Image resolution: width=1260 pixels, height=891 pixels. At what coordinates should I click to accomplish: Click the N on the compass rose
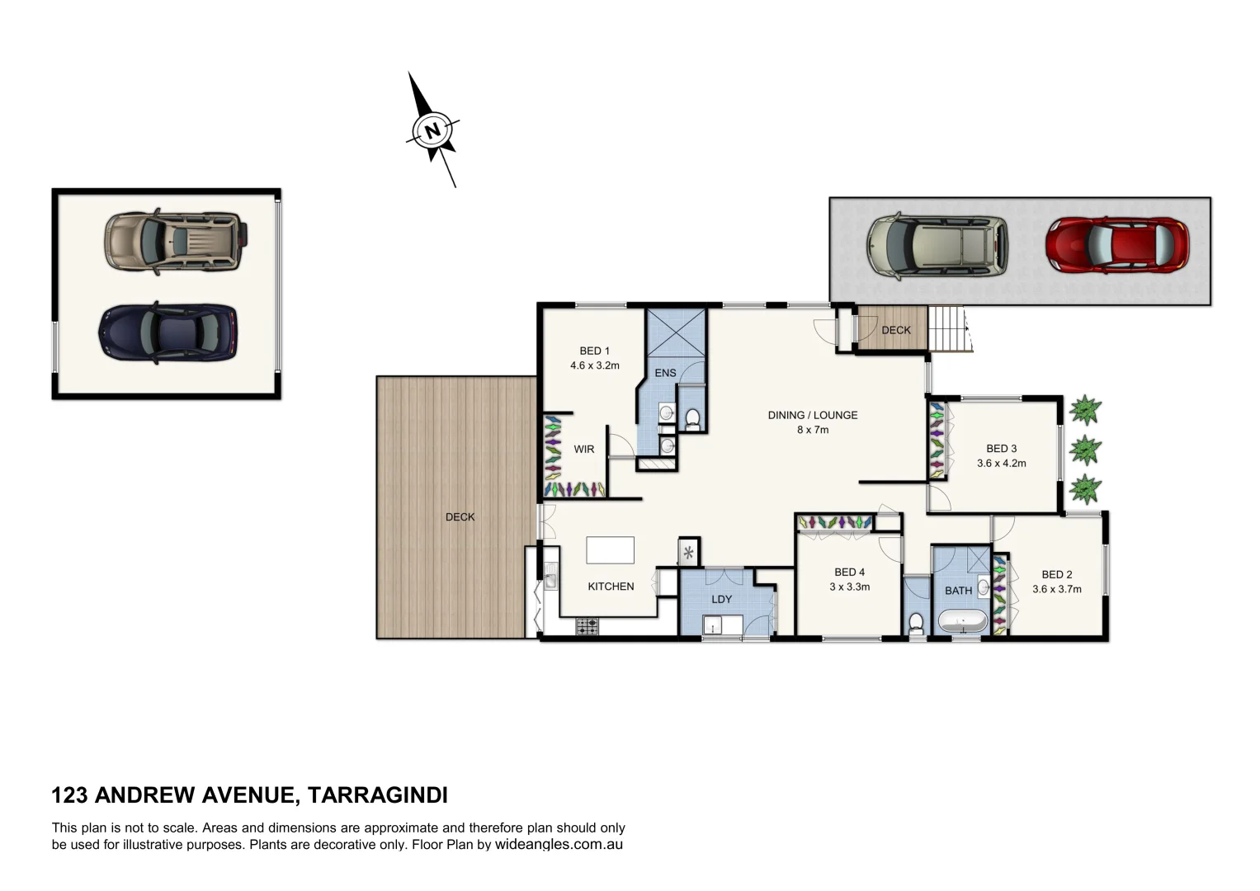coord(432,130)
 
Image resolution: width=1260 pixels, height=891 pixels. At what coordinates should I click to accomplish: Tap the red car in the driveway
coord(1116,245)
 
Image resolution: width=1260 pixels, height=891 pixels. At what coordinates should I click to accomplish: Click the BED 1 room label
coord(594,351)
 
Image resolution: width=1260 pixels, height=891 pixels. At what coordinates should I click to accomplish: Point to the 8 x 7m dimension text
coord(812,430)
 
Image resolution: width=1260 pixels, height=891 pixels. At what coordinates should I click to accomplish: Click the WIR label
coord(583,450)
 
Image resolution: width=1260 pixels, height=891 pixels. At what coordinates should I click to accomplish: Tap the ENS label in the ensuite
coord(665,373)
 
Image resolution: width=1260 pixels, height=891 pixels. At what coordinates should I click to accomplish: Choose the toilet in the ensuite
coord(692,420)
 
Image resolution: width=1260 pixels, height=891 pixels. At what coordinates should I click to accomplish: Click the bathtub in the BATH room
coord(962,621)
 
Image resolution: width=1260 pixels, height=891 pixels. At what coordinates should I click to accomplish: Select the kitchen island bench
coord(610,549)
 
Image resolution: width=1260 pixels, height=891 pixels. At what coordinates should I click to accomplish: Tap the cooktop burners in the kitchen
coord(587,626)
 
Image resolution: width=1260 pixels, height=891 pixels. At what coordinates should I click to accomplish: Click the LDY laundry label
coord(721,599)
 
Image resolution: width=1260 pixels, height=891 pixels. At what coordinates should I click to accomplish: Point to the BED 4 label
coord(849,572)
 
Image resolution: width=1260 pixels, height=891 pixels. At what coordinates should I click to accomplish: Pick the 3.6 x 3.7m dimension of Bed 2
coord(1056,589)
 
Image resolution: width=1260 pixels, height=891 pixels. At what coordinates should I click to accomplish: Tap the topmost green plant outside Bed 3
coord(1085,409)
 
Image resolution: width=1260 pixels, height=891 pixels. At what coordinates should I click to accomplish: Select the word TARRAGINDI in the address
coord(377,795)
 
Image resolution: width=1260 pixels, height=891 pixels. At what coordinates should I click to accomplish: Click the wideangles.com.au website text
coord(559,845)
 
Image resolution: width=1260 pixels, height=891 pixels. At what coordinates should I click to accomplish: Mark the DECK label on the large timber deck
coord(460,517)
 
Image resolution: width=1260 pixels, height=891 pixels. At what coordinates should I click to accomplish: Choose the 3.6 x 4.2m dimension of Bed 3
coord(1001,463)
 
